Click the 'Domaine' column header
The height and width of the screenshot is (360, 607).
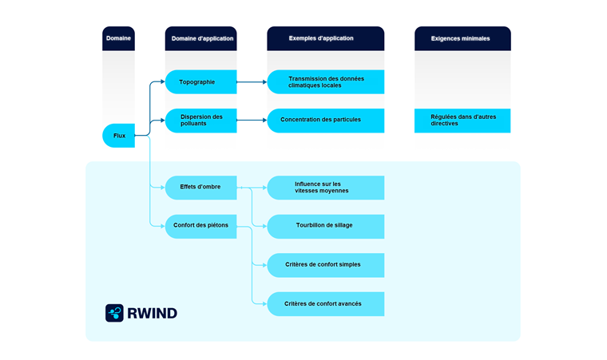click(x=118, y=38)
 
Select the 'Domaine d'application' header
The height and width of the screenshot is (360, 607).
click(x=202, y=38)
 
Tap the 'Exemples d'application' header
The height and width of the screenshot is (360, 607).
click(x=325, y=38)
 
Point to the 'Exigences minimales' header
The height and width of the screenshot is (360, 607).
click(x=462, y=38)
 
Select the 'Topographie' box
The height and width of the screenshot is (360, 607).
click(x=200, y=81)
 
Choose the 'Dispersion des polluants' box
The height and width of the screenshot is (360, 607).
click(x=200, y=121)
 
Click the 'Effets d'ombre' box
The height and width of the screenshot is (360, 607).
click(x=200, y=187)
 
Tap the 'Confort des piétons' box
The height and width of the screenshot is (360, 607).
click(x=200, y=225)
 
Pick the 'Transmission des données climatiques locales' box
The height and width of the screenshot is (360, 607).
click(x=325, y=81)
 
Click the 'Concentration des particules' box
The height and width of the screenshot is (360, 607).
click(x=325, y=120)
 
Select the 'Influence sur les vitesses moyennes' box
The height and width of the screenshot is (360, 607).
click(x=325, y=188)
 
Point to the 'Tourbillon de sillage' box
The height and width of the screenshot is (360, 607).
click(x=325, y=226)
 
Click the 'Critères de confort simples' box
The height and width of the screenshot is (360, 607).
click(x=325, y=264)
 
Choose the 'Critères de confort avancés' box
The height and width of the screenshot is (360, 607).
click(x=325, y=303)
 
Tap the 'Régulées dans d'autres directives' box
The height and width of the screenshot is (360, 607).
click(x=462, y=121)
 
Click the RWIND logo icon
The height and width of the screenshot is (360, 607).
click(x=114, y=313)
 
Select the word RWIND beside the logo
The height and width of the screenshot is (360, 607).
click(x=153, y=313)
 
